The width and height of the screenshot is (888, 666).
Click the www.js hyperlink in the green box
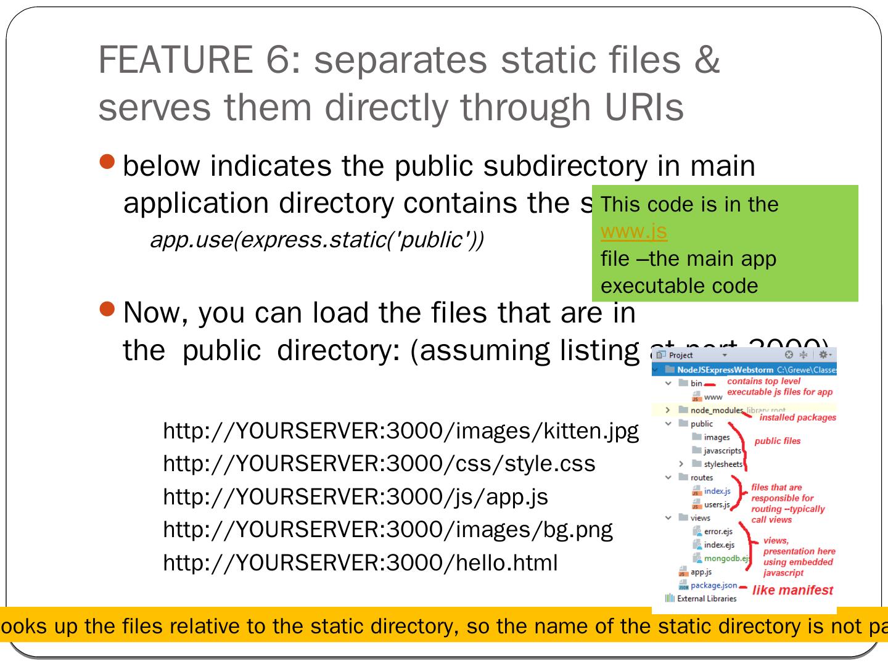click(x=633, y=231)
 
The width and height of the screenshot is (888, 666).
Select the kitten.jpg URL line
click(x=400, y=430)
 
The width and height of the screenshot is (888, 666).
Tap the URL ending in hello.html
click(x=360, y=562)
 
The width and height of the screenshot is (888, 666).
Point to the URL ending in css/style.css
click(x=379, y=464)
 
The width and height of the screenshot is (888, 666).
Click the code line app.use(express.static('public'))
click(x=316, y=240)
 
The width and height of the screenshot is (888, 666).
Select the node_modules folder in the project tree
click(x=717, y=410)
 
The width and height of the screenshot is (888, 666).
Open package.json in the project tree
click(x=713, y=585)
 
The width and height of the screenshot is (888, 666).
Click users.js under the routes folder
click(x=717, y=504)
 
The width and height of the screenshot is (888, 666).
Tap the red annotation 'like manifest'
click(x=792, y=590)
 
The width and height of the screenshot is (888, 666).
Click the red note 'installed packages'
click(x=797, y=417)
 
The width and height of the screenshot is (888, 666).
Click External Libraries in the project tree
click(x=706, y=598)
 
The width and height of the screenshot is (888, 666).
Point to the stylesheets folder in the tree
click(x=723, y=464)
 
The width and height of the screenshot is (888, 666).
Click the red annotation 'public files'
click(x=777, y=441)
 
